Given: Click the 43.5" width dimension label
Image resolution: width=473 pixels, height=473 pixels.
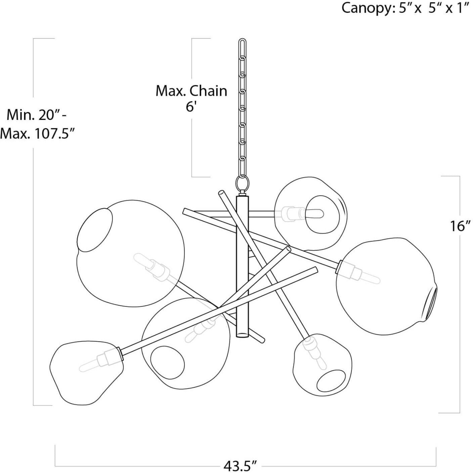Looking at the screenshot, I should click(x=240, y=466).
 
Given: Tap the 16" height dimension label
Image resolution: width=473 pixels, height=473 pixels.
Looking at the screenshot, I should click(x=460, y=226).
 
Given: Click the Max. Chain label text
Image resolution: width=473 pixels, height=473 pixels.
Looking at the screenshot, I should click(x=191, y=91).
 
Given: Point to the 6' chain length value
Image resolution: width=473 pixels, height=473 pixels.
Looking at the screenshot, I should click(x=191, y=107).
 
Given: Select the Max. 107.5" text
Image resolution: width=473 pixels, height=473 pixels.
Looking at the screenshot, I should click(x=37, y=133).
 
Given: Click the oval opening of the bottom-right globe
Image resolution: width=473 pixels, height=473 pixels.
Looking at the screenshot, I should click(x=332, y=383).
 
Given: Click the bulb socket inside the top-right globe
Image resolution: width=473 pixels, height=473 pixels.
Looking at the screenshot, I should click(x=290, y=213).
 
